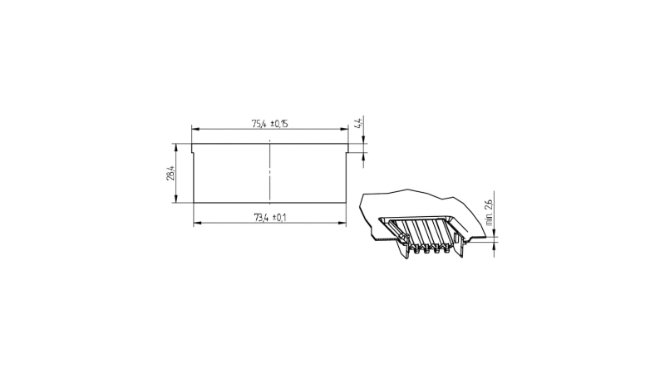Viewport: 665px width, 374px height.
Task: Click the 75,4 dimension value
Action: tap(259, 124)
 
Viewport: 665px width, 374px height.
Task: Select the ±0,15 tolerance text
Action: tap(278, 124)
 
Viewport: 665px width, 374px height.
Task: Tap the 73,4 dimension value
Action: tap(261, 218)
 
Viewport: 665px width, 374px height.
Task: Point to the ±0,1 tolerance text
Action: tap(279, 218)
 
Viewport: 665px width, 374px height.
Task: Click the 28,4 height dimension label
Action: tap(170, 173)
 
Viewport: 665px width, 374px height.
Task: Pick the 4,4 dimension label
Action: tap(358, 124)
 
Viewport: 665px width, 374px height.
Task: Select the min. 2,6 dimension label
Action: tap(489, 212)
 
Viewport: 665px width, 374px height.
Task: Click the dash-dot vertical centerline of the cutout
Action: tap(269, 170)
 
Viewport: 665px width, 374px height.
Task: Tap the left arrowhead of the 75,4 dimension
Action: tap(195, 130)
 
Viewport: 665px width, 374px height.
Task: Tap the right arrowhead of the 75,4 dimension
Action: tap(344, 130)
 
